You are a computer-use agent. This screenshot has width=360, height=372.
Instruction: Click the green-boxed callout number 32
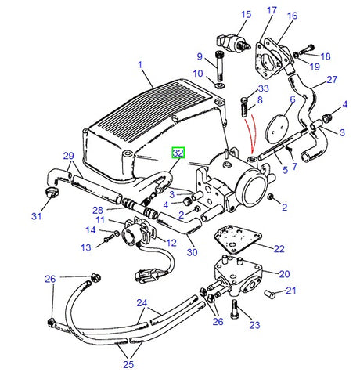tap(179, 153)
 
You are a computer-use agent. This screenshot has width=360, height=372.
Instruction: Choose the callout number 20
tap(284, 273)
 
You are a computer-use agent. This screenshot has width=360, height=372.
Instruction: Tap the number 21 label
tap(291, 291)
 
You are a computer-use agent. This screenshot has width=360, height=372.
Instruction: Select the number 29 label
tap(68, 156)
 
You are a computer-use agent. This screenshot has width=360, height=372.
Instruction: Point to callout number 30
tap(193, 252)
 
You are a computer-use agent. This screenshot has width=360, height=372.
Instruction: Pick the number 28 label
tap(98, 210)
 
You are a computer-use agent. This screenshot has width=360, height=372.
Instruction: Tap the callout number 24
tap(142, 302)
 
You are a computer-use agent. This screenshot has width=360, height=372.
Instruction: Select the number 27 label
tap(331, 79)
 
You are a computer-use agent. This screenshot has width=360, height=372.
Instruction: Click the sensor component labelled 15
tap(231, 40)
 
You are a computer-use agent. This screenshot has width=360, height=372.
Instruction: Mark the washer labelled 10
tap(217, 85)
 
